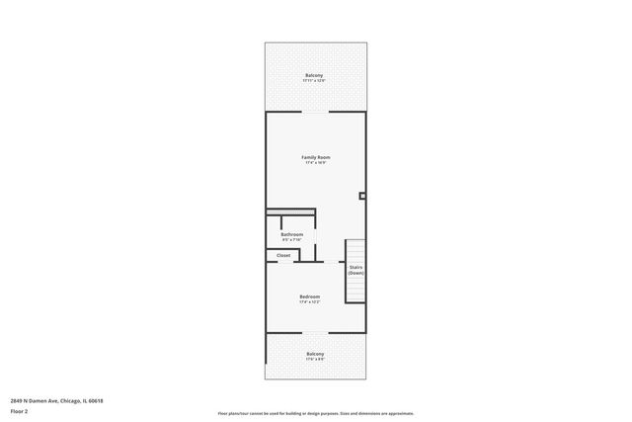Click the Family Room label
(x=315, y=157)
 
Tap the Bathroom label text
(x=291, y=234)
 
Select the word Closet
(x=283, y=255)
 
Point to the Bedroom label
(x=310, y=296)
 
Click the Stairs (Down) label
(x=355, y=269)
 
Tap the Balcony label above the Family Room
(x=314, y=76)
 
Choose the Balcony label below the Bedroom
(x=315, y=354)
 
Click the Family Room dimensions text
(x=315, y=163)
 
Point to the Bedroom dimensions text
(x=310, y=302)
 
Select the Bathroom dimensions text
(x=291, y=240)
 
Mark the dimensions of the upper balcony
(x=314, y=82)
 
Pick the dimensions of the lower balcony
(x=315, y=360)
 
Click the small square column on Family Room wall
(x=362, y=196)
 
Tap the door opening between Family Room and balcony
(x=315, y=112)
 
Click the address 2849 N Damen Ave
(x=57, y=400)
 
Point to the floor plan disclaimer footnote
(x=315, y=413)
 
